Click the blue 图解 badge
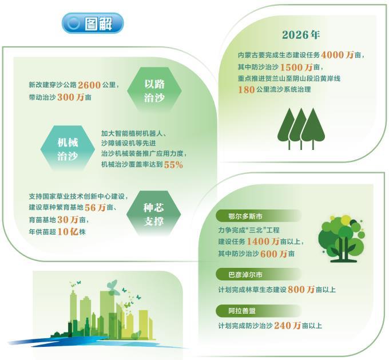pyautogui.click(x=93, y=23)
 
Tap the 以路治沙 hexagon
pyautogui.click(x=154, y=90)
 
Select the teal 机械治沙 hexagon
pyautogui.click(x=68, y=149)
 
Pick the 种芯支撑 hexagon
pyautogui.click(x=153, y=214)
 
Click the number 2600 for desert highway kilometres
pyautogui.click(x=89, y=85)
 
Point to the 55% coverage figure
pyautogui.click(x=173, y=165)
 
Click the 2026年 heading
pyautogui.click(x=301, y=35)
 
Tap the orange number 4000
pyautogui.click(x=332, y=55)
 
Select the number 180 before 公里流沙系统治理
pyautogui.click(x=247, y=90)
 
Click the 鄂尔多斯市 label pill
pyautogui.click(x=259, y=216)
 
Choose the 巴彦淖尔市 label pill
pyautogui.click(x=259, y=275)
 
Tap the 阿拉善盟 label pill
pyautogui.click(x=259, y=311)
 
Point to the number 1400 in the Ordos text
pyautogui.click(x=258, y=242)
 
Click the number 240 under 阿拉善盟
pyautogui.click(x=283, y=326)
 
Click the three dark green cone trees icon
pyautogui.click(x=301, y=129)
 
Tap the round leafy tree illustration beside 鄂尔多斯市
pyautogui.click(x=342, y=239)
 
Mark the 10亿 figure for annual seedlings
pyautogui.click(x=68, y=232)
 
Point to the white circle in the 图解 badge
pyautogui.click(x=73, y=23)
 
